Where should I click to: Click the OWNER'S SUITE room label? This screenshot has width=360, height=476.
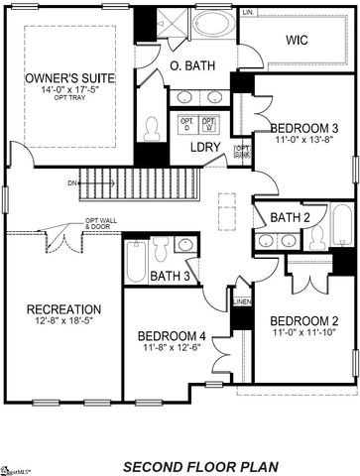(70, 76)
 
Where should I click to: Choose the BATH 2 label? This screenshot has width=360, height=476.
(292, 217)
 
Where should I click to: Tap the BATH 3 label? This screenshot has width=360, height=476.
(172, 275)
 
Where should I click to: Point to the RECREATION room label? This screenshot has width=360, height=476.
(63, 308)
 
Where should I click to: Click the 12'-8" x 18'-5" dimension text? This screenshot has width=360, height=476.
(63, 322)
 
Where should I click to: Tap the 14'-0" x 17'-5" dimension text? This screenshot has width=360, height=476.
(70, 91)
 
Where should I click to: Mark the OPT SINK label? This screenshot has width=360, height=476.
(241, 151)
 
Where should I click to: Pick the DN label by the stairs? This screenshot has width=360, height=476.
(72, 182)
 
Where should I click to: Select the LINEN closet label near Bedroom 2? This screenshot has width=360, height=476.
(241, 301)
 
